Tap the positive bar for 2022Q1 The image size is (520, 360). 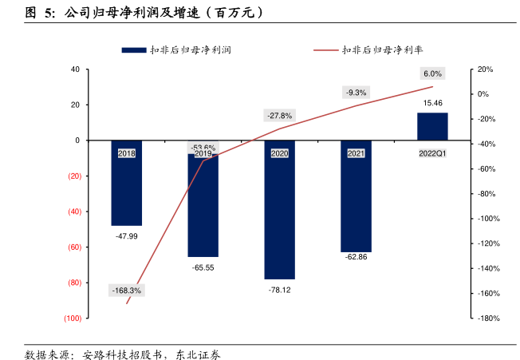pyautogui.click(x=432, y=126)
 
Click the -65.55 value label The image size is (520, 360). pyautogui.click(x=203, y=267)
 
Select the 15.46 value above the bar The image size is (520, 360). pyautogui.click(x=432, y=103)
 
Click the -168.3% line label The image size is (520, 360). pyautogui.click(x=125, y=291)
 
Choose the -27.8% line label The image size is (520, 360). pyautogui.click(x=280, y=114)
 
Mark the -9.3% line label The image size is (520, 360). pyautogui.click(x=356, y=92)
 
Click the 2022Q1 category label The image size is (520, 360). pyautogui.click(x=432, y=152)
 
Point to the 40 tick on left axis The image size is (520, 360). pyautogui.click(x=74, y=69)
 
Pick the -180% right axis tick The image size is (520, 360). pyautogui.click(x=487, y=318)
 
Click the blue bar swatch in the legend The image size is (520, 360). pyautogui.click(x=132, y=49)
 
